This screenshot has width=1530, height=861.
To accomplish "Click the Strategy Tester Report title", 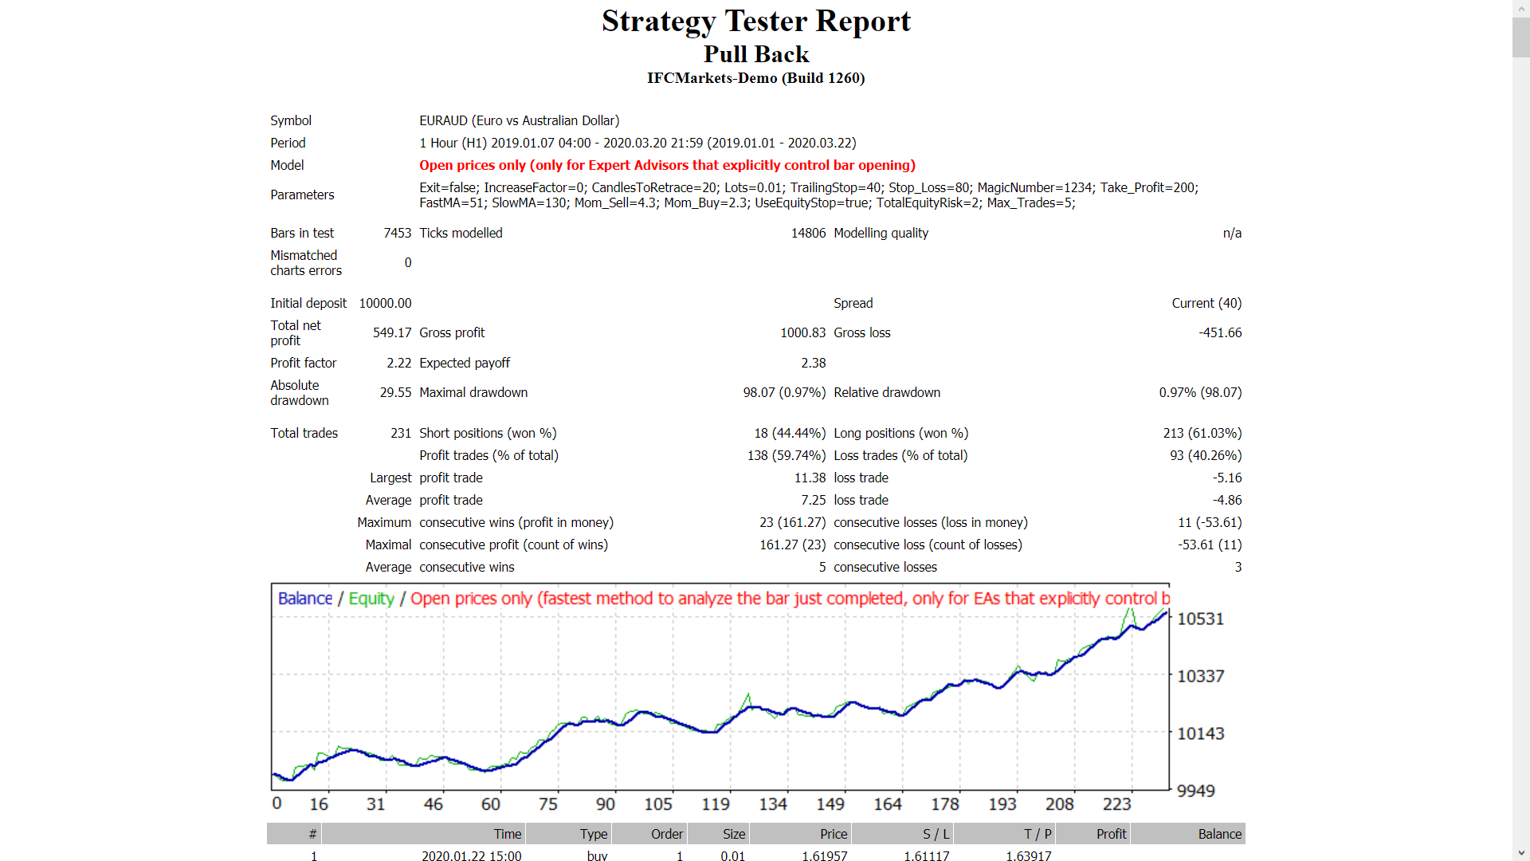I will click(755, 22).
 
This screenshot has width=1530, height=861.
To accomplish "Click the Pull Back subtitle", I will click(755, 54).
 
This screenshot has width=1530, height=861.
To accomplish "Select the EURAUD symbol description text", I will click(519, 120).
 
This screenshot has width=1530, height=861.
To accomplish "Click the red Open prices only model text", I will click(667, 165).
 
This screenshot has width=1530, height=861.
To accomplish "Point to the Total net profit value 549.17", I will click(392, 332).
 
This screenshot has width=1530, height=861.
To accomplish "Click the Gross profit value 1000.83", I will click(802, 332).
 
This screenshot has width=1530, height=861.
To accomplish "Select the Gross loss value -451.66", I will click(1219, 332).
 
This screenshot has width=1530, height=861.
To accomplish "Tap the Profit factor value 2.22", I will click(398, 363).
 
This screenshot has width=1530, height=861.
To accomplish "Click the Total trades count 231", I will click(400, 433).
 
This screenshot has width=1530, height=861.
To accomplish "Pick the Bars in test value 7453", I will click(397, 233).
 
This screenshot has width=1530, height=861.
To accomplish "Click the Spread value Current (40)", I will click(1206, 303).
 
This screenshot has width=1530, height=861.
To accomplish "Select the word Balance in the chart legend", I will click(304, 599).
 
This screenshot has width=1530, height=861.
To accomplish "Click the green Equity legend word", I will click(371, 599).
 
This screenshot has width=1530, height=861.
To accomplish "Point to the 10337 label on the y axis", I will click(1200, 676).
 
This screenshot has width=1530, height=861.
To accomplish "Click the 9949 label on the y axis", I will click(1195, 791).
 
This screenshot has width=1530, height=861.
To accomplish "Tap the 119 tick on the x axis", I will click(715, 804).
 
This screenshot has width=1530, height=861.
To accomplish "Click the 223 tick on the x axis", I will click(1116, 804).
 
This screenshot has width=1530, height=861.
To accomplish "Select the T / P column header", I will click(1037, 834).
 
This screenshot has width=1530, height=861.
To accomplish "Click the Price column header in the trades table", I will click(834, 834).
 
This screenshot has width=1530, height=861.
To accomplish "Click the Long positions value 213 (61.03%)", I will click(1202, 433).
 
